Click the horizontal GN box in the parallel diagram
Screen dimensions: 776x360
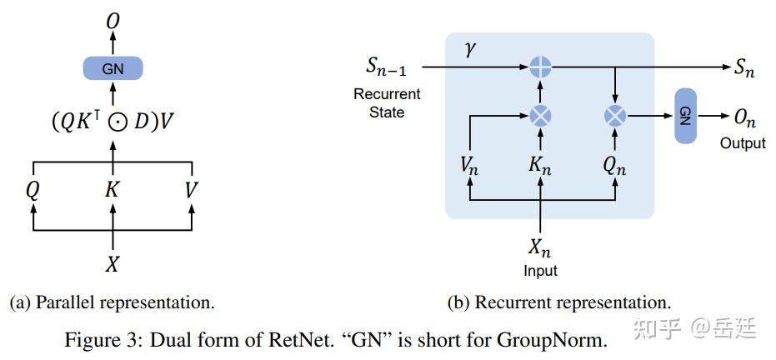pyautogui.click(x=113, y=68)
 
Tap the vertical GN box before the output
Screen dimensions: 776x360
pyautogui.click(x=685, y=116)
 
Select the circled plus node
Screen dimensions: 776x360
pyautogui.click(x=540, y=67)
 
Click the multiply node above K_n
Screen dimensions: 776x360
pyautogui.click(x=540, y=116)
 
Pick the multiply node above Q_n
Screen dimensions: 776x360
pyautogui.click(x=615, y=116)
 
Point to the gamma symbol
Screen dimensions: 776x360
pyautogui.click(x=471, y=49)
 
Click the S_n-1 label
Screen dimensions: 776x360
pyautogui.click(x=387, y=67)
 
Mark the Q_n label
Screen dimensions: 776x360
pyautogui.click(x=614, y=167)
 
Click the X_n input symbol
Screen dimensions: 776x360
pyautogui.click(x=540, y=247)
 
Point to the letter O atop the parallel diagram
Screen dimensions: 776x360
pyautogui.click(x=113, y=21)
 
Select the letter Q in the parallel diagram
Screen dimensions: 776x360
pyautogui.click(x=33, y=190)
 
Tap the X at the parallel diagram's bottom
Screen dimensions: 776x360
pyautogui.click(x=113, y=264)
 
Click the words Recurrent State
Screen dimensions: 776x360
pyautogui.click(x=387, y=102)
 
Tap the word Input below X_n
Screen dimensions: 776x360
pyautogui.click(x=540, y=271)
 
